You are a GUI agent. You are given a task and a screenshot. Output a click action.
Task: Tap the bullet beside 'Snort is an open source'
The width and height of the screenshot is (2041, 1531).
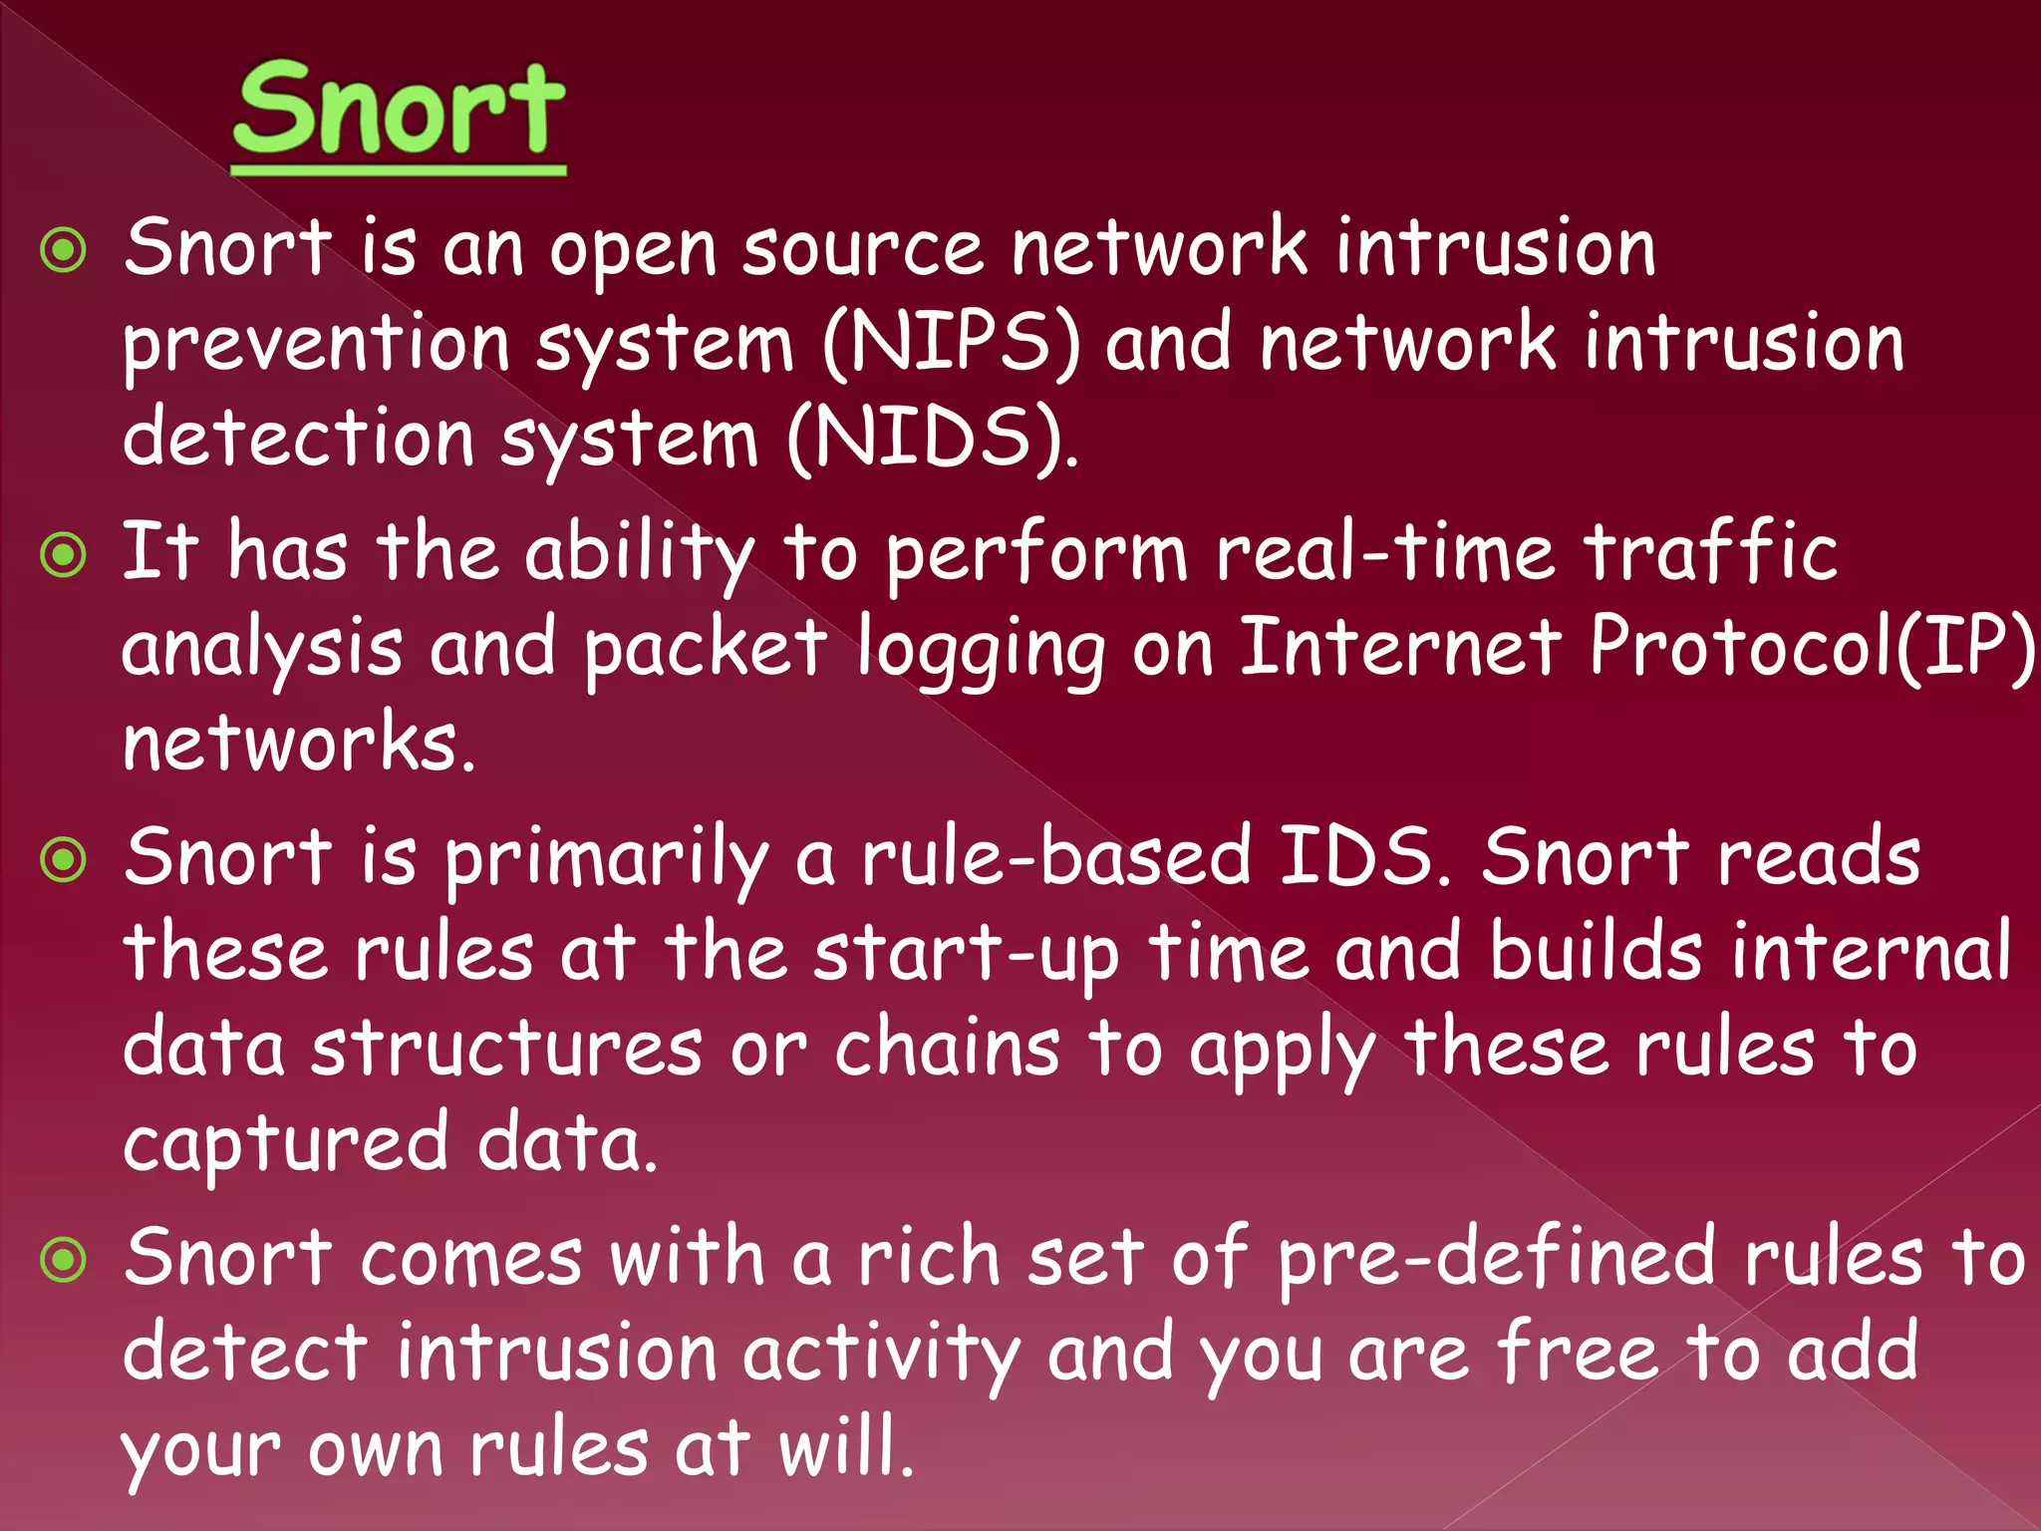point(65,250)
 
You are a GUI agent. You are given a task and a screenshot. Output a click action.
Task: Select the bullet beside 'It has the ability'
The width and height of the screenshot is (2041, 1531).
point(65,554)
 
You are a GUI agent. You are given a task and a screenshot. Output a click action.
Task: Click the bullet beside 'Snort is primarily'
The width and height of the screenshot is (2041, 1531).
point(65,859)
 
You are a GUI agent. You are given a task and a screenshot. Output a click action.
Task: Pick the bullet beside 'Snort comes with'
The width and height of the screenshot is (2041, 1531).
point(65,1261)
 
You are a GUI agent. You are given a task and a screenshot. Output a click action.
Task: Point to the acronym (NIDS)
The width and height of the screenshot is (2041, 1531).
point(932,440)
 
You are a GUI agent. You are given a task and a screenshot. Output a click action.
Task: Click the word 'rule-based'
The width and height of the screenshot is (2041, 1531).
point(1055,858)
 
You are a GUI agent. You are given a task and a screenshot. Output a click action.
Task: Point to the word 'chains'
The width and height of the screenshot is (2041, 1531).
point(947,1049)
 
